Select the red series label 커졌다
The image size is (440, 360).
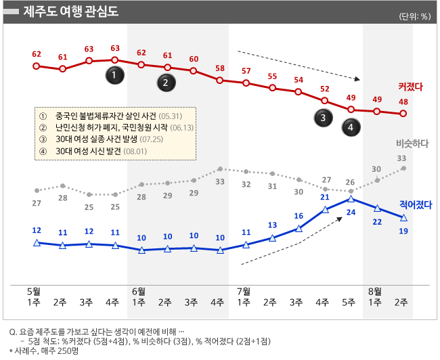(410, 87)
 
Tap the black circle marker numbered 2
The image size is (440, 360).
(166, 83)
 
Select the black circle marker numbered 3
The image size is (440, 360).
(324, 118)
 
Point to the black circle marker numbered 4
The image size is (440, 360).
(351, 126)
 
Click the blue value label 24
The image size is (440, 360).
(351, 212)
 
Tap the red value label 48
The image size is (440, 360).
(403, 102)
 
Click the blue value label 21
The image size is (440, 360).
(325, 198)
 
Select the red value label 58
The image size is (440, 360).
(220, 68)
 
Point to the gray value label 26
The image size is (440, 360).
(351, 182)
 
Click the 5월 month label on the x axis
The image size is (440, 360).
(32, 290)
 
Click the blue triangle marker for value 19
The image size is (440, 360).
(403, 217)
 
